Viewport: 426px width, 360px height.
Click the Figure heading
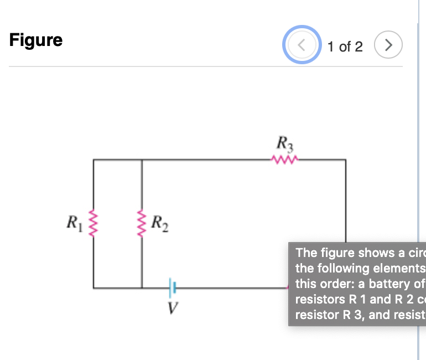pos(36,40)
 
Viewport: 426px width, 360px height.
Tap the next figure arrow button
pos(388,46)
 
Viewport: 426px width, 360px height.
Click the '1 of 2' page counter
pos(345,47)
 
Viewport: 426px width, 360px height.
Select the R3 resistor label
pos(285,145)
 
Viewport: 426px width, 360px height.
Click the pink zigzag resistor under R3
pos(285,160)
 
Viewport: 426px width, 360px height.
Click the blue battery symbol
pos(173,287)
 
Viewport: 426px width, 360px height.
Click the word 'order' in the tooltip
pos(334,284)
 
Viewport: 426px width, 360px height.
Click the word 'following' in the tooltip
pos(341,269)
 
